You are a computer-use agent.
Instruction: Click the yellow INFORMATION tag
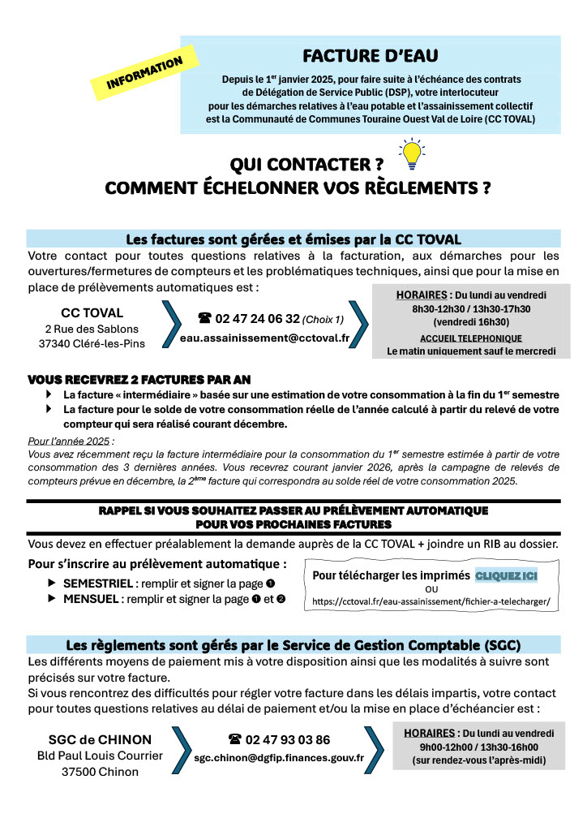coord(145,73)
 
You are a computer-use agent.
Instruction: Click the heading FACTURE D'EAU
coord(370,56)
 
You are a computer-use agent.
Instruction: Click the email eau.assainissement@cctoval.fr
coord(265,338)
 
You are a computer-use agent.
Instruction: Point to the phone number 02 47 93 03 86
coord(287,739)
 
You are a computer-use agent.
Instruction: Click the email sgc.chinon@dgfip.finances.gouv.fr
coord(279,757)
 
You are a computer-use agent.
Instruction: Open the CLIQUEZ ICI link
coord(506,575)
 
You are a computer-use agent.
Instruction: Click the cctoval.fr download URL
coord(431,602)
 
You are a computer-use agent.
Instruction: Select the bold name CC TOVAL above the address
coord(92,312)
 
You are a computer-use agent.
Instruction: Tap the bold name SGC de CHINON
coord(100,739)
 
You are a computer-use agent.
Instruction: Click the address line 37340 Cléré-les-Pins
coord(92,345)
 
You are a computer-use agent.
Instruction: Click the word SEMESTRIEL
coord(96,583)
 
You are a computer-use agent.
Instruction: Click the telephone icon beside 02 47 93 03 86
coord(235,739)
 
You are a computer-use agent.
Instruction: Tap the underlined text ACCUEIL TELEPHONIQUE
coord(471,338)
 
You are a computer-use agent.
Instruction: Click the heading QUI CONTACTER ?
coord(306,165)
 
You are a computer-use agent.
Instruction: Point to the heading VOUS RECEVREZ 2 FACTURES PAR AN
coord(139,379)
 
